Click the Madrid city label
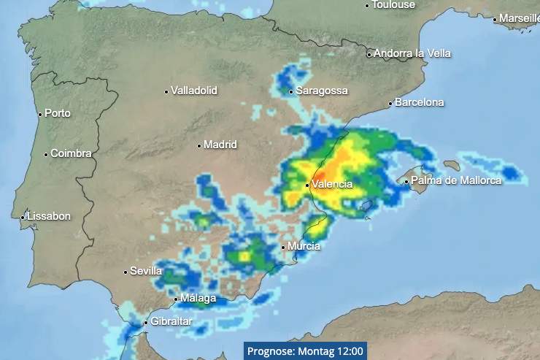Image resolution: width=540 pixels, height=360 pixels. point(220,145)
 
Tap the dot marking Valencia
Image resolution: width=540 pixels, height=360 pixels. point(307,185)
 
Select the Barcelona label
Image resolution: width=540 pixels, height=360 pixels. point(419,102)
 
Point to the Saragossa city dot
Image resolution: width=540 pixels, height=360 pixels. point(290,92)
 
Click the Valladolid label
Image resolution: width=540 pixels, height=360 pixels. point(193,91)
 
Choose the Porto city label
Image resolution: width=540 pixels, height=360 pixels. point(58,113)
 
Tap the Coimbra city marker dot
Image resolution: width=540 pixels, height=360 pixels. point(46,154)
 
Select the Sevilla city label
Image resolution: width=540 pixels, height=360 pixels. point(146,271)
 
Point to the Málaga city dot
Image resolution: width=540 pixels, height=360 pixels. point(176,299)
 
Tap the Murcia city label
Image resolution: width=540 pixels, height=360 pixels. point(304,246)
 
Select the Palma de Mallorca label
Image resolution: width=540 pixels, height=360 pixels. point(456,180)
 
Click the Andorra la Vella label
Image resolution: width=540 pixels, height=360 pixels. point(412,53)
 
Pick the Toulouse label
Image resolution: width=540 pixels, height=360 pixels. point(393,4)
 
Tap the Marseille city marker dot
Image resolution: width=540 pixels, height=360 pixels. point(494,20)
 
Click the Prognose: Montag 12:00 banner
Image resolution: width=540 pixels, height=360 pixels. point(305,351)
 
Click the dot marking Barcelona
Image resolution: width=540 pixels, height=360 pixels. point(390,104)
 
